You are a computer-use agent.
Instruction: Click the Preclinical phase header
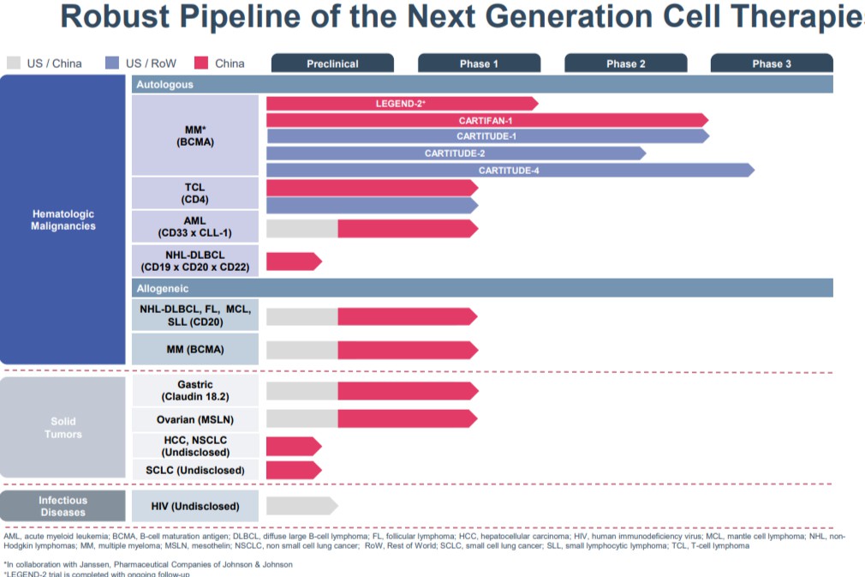tap(332, 63)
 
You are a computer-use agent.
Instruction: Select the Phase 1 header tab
tap(479, 63)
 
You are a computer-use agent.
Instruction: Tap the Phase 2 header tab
tap(625, 63)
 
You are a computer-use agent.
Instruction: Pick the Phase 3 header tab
tap(772, 63)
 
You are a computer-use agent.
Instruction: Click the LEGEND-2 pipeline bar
tap(401, 104)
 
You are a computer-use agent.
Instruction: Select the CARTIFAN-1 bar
tap(486, 120)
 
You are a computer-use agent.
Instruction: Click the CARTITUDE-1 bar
tap(486, 136)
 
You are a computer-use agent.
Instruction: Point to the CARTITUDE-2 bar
tap(455, 153)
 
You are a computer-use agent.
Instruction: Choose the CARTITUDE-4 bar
tap(509, 170)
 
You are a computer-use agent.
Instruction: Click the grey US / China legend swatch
tap(13, 63)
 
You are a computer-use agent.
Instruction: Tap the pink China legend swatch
tap(202, 63)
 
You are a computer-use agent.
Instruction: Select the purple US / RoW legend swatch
tap(111, 63)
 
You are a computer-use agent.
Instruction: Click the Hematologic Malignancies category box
tap(63, 219)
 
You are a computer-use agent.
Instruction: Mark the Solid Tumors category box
tap(63, 427)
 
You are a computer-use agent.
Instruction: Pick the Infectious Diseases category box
tap(63, 506)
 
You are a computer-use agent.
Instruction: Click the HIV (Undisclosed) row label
tap(194, 507)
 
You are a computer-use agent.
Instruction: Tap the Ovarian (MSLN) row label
tap(194, 419)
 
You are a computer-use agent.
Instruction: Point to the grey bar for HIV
tap(301, 506)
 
